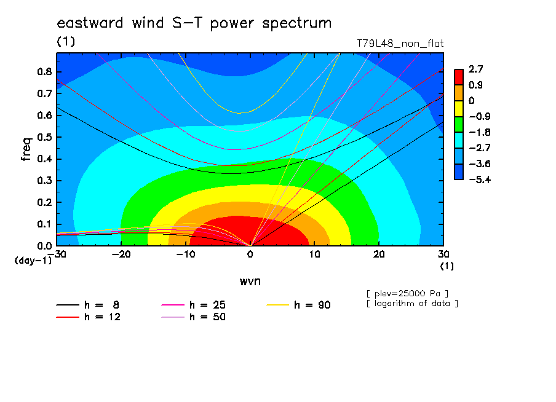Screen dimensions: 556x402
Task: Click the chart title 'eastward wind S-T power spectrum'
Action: [194, 23]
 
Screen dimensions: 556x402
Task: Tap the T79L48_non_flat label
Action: [400, 44]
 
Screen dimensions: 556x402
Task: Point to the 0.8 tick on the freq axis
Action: [45, 71]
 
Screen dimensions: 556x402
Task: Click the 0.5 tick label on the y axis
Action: [45, 137]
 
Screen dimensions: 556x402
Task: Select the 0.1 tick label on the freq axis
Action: [45, 224]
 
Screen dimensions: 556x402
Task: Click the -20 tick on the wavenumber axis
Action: [121, 254]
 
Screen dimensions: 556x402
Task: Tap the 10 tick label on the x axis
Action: [314, 254]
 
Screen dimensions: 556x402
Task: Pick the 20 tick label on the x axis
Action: [379, 254]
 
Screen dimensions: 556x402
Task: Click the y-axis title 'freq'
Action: [26, 149]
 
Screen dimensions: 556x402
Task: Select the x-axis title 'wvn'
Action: [250, 282]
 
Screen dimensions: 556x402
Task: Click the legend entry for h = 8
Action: [87, 305]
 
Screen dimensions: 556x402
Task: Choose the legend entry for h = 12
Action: [89, 317]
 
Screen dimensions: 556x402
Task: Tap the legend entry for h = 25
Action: [193, 305]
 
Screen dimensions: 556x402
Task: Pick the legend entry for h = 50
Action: [193, 317]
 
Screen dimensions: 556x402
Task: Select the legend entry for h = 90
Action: [298, 305]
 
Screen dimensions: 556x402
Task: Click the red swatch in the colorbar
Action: [459, 77]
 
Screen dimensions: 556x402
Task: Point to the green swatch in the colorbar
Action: [459, 124]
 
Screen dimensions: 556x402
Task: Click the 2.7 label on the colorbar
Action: [475, 69]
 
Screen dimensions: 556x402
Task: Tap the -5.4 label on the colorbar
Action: [480, 179]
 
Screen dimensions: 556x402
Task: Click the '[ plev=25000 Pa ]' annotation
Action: [407, 294]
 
